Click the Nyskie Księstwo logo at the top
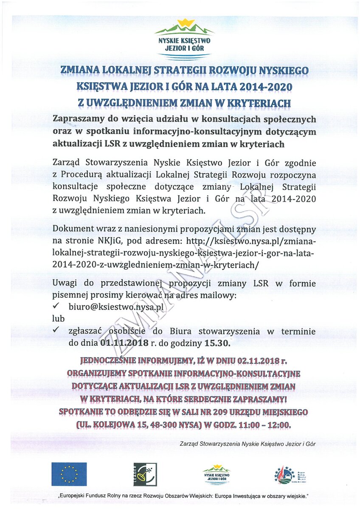184,39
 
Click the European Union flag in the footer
69,474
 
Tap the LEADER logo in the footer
145,474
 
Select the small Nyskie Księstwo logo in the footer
217,474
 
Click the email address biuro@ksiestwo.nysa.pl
116,307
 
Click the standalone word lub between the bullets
58,319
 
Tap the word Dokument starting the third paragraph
73,229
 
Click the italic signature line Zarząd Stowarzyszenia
247,444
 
